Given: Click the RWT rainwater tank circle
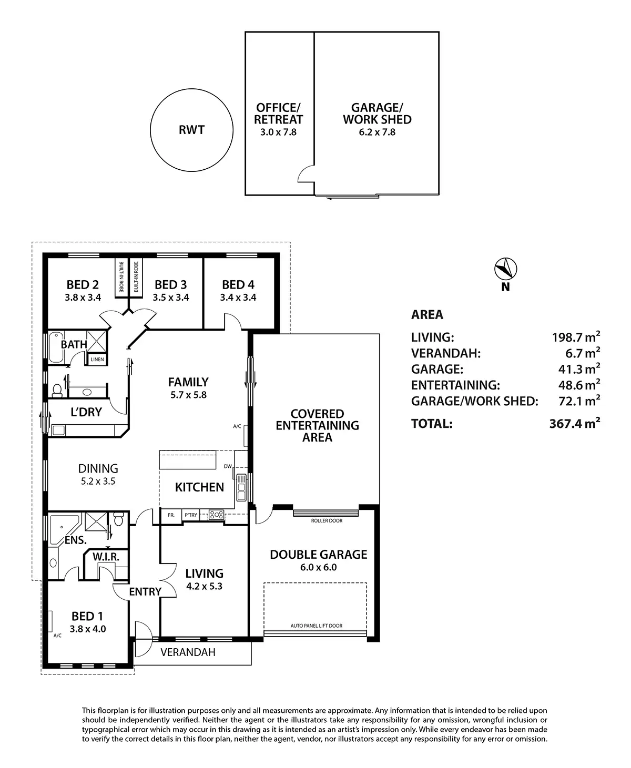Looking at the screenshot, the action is click(191, 130).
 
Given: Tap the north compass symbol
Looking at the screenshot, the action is click(506, 269).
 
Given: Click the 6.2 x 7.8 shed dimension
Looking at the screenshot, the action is click(377, 132).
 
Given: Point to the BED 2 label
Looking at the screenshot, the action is click(83, 285).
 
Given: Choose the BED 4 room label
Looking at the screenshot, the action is click(238, 285).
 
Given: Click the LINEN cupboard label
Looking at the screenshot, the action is click(97, 360).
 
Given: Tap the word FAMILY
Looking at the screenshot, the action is click(188, 382).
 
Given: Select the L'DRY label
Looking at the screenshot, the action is click(86, 412).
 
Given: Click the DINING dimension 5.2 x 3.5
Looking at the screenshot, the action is click(98, 480).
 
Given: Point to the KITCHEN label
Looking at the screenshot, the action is click(199, 487).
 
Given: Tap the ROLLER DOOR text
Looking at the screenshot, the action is click(327, 521).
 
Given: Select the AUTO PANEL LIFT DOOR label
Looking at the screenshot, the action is click(317, 626).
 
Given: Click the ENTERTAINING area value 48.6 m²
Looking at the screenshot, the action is click(579, 385).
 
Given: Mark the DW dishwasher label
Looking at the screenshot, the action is click(228, 466).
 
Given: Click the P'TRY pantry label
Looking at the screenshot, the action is click(190, 515).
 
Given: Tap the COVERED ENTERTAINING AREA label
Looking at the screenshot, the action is click(317, 425).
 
